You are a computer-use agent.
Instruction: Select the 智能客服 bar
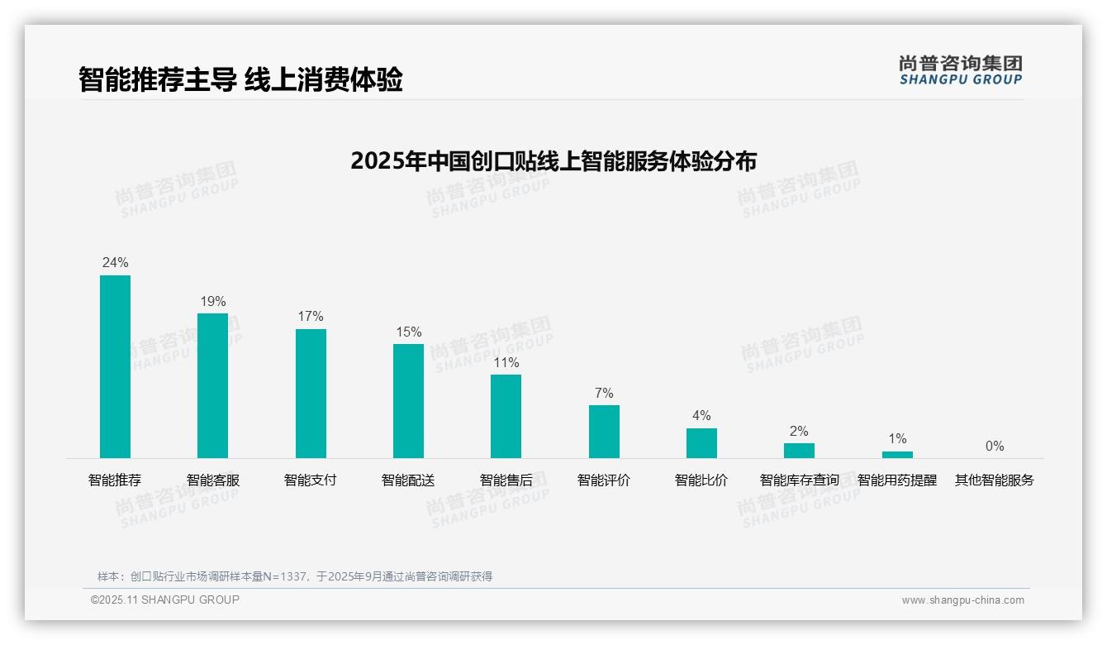point(212,385)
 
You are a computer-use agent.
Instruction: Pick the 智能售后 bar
point(506,416)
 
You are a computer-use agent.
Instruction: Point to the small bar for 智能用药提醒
point(897,454)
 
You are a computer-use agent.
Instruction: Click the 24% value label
point(115,262)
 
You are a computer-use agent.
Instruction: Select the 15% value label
point(408,332)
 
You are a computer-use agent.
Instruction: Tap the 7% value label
point(604,393)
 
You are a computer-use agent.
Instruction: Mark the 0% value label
point(995,446)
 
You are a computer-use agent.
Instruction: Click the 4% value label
point(701,415)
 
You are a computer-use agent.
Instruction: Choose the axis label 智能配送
point(408,480)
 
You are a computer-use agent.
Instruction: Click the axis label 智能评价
point(604,480)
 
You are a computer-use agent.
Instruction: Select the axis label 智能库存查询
point(799,480)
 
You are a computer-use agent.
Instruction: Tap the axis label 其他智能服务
point(995,480)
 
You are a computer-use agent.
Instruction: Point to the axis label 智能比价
point(701,480)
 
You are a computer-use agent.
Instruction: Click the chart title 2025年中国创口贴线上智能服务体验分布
point(553,160)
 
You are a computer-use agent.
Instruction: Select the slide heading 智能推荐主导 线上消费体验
point(240,79)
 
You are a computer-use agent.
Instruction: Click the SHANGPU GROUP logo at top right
point(960,70)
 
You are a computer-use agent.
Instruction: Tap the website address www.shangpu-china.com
point(962,600)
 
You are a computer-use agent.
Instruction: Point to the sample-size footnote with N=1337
point(295,576)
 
